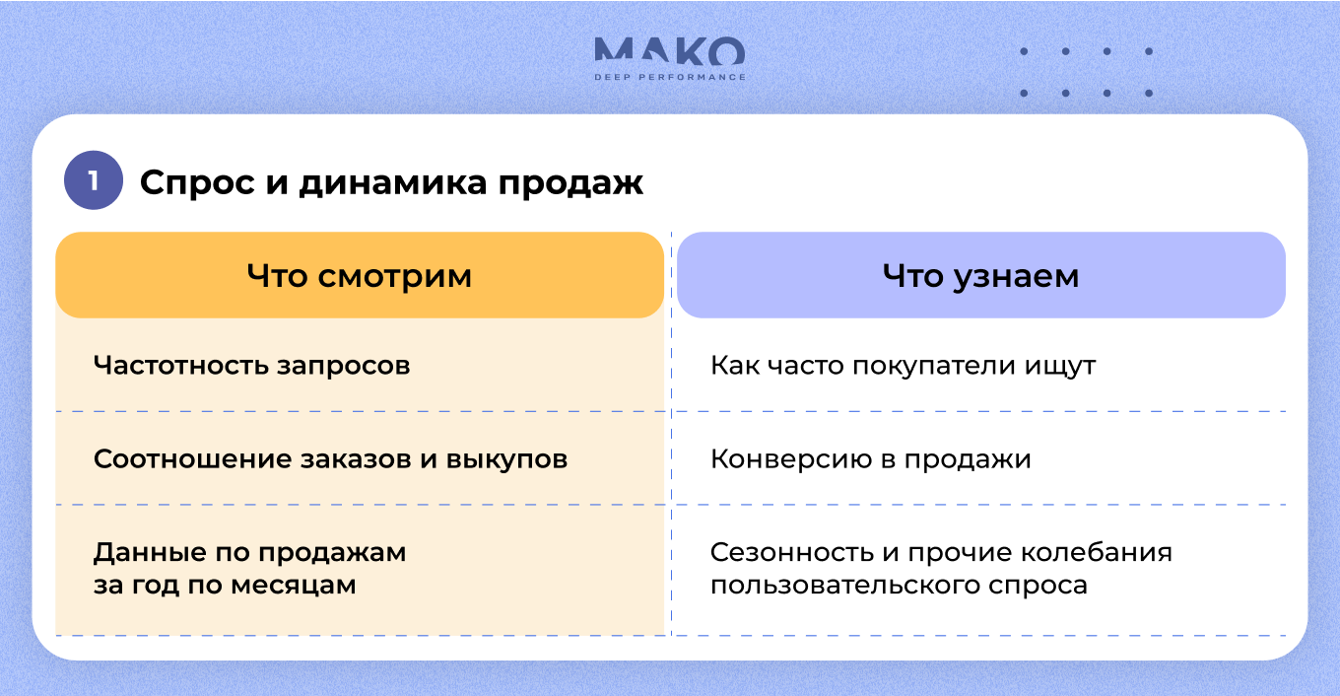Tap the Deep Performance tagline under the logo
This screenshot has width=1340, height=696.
670,77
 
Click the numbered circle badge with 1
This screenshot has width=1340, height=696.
94,180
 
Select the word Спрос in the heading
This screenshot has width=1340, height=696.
197,182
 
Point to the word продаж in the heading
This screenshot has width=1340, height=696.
570,182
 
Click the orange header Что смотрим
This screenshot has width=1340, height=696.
360,275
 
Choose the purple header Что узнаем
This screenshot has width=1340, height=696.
981,275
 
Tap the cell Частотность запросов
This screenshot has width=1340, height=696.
252,365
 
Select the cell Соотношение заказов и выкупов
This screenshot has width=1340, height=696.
330,459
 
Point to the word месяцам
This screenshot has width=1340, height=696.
294,585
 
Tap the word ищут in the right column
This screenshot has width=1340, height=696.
1060,367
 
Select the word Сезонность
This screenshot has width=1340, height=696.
792,552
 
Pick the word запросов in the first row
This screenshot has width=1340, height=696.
343,366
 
